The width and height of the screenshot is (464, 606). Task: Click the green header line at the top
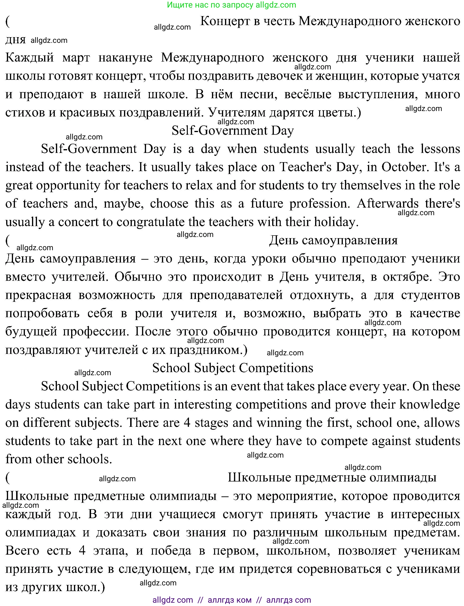point(231,5)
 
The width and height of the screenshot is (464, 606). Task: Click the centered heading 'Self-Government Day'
point(233,130)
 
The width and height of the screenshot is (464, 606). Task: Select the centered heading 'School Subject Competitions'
point(233,368)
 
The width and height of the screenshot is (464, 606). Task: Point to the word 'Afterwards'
point(387,204)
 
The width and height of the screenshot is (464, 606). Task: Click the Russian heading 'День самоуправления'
point(333,240)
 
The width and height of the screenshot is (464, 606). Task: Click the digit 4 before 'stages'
point(187,423)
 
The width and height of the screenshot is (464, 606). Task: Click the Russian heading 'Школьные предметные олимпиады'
point(332,477)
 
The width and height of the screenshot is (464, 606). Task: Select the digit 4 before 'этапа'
point(82,551)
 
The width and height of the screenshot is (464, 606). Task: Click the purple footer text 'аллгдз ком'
point(230,600)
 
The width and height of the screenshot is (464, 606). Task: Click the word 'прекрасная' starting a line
point(38,295)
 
